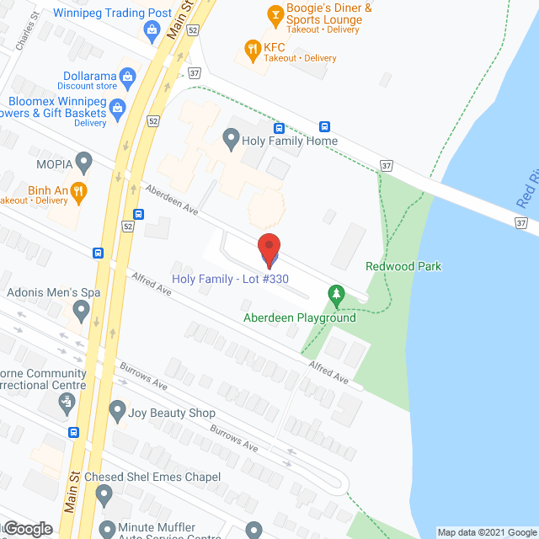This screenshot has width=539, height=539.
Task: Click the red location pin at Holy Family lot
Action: (x=269, y=248)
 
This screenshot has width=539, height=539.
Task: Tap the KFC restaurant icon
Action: (x=251, y=49)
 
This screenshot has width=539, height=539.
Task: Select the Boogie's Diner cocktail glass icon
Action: (x=274, y=15)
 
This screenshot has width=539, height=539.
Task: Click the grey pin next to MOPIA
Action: (x=83, y=159)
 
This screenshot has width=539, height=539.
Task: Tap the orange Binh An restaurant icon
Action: (x=78, y=191)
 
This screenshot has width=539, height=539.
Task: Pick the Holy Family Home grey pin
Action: (x=231, y=140)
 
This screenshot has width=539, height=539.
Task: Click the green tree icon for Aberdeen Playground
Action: (x=337, y=293)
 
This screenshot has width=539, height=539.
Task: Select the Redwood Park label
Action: (x=403, y=267)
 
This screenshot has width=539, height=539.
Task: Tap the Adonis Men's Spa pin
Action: (x=81, y=312)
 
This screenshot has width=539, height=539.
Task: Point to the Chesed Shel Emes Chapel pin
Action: (x=104, y=495)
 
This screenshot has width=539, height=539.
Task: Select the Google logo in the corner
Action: (x=27, y=529)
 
